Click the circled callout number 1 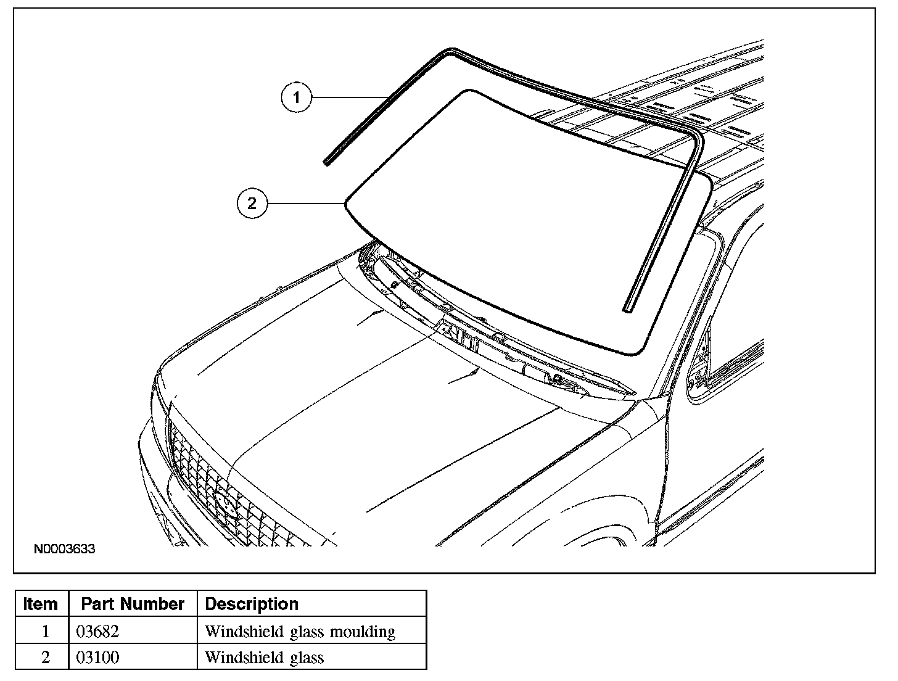coord(297,97)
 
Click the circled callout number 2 coord(252,203)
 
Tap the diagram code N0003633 coord(65,549)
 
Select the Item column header coord(41,604)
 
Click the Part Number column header coord(133,604)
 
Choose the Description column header coord(252,604)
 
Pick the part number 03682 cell coord(97,632)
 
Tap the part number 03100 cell coord(97,658)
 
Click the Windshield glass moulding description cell coord(300,632)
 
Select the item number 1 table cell coord(44,632)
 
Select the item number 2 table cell coord(44,658)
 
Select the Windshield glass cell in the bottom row coord(264,658)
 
